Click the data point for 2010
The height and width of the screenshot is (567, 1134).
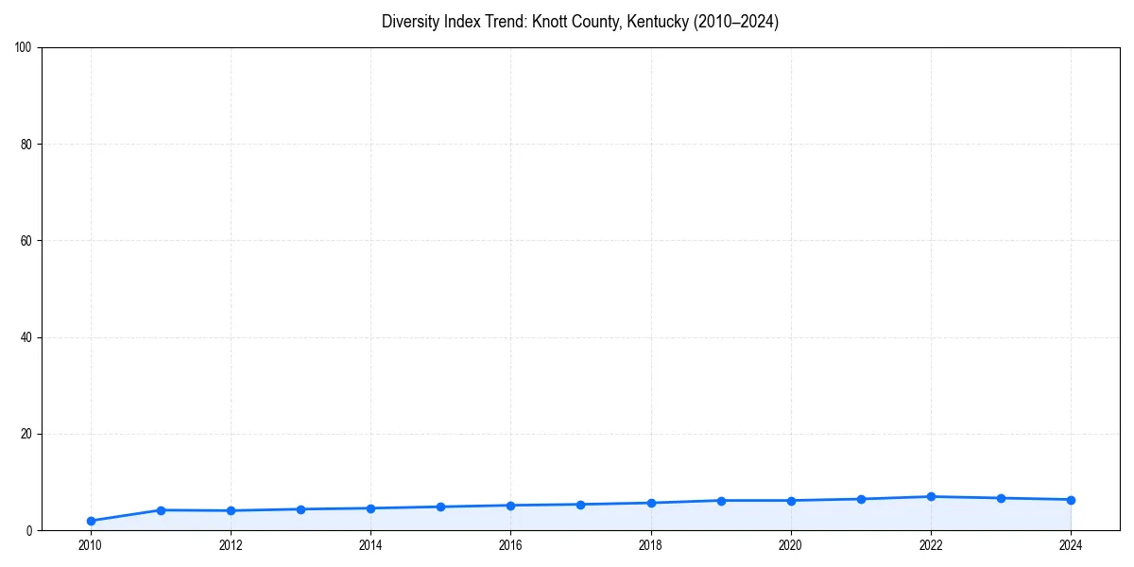point(91,521)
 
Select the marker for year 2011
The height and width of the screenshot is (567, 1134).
point(161,510)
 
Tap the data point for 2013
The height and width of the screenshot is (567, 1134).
point(301,509)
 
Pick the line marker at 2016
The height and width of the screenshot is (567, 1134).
point(510,506)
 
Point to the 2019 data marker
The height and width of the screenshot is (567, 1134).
point(721,501)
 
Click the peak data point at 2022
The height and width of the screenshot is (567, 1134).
point(931,497)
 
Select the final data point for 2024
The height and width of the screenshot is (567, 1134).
point(1071,500)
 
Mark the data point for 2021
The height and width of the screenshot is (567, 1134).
point(861,499)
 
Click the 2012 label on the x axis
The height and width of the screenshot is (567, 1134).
point(231,544)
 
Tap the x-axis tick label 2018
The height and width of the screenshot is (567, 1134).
point(650,544)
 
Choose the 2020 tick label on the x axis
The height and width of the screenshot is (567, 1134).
point(791,544)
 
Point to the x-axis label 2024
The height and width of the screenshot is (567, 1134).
point(1071,544)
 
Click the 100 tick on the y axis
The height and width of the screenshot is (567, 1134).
point(24,47)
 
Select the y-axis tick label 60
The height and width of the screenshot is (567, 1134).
point(26,241)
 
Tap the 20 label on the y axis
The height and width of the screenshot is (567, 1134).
point(26,434)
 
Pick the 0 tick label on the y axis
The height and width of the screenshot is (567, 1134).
point(29,531)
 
